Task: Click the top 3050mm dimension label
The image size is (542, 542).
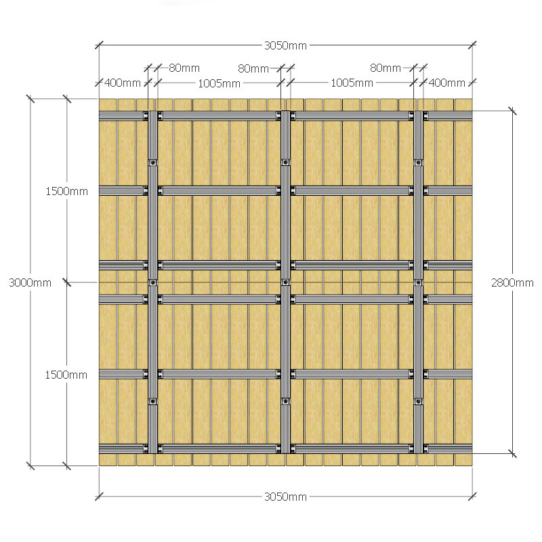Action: (x=285, y=45)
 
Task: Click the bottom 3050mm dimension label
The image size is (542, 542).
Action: (x=285, y=497)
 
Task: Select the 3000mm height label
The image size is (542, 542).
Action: (x=30, y=283)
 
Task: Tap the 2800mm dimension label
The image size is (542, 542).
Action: (x=512, y=283)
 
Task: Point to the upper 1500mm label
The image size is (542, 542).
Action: (x=66, y=191)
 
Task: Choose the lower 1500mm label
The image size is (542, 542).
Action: (x=66, y=375)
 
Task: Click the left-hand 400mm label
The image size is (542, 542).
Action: (x=123, y=83)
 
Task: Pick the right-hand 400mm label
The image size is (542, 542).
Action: (x=447, y=83)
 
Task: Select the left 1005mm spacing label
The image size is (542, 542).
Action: (x=219, y=83)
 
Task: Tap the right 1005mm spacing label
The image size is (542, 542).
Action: (x=352, y=83)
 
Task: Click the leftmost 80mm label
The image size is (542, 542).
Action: (x=184, y=68)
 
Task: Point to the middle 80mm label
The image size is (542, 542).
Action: (x=253, y=68)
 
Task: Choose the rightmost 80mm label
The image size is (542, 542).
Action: (x=385, y=68)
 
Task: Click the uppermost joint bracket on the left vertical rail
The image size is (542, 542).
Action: (x=153, y=163)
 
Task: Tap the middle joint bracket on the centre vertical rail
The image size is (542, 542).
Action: (x=285, y=283)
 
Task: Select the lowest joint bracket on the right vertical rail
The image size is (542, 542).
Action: (x=418, y=401)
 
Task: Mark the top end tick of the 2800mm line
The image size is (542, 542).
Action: (x=512, y=111)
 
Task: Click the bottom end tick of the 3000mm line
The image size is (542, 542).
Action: (x=30, y=465)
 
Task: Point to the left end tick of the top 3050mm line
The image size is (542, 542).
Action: (x=99, y=45)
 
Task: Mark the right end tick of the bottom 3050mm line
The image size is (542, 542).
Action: (x=472, y=497)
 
